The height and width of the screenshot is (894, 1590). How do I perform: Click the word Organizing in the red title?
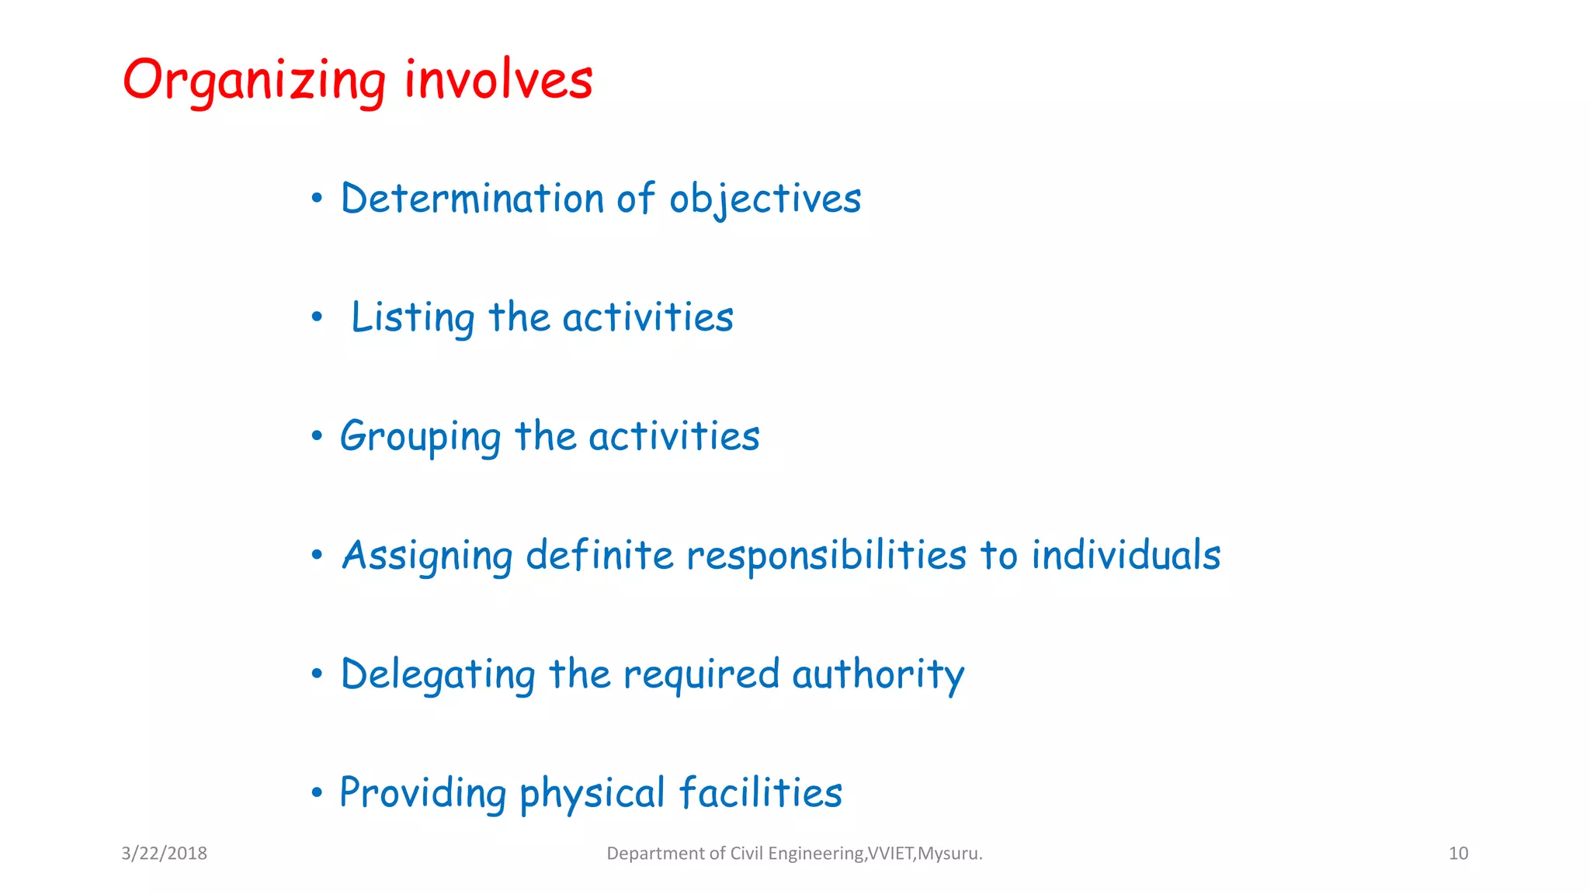pos(254,81)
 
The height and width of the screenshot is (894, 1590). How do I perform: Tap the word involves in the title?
pos(498,79)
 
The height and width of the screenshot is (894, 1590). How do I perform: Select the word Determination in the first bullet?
pos(472,199)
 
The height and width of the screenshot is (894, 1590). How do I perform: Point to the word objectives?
pos(765,199)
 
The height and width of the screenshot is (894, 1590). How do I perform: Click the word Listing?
pos(412,318)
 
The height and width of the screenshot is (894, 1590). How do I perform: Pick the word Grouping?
pos(420,437)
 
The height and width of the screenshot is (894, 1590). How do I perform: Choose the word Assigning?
pos(427,556)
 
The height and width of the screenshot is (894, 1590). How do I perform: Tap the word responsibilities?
pos(826,556)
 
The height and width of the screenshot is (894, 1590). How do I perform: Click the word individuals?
pos(1126,556)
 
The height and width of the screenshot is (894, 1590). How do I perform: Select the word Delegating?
pos(438,674)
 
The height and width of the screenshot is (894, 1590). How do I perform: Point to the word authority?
pos(878,674)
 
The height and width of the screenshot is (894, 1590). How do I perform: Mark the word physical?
pos(592,794)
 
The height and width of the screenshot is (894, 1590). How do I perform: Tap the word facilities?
pos(761,793)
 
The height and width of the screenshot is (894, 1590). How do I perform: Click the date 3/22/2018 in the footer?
pos(164,854)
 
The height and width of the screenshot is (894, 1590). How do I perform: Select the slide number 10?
pos(1458,854)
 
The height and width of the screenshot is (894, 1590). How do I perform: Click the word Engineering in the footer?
pos(816,854)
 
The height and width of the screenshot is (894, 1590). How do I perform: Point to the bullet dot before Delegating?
pos(317,674)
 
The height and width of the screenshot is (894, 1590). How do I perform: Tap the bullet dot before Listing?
pos(317,317)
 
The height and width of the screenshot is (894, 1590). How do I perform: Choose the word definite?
pos(599,556)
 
